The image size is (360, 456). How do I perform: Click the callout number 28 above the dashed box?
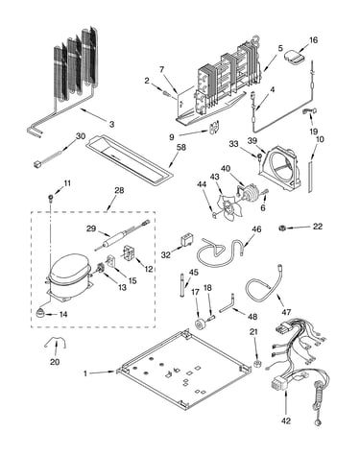[x=119, y=191]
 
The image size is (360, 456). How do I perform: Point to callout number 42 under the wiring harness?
[x=286, y=420]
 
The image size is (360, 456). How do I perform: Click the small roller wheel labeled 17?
[x=202, y=324]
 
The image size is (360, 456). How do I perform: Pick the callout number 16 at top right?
[x=314, y=40]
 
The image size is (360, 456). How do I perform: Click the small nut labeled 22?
[x=282, y=228]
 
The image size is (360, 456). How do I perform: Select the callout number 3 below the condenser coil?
[x=111, y=124]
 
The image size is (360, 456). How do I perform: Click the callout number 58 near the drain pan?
[x=181, y=148]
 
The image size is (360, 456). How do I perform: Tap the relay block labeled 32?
[x=186, y=241]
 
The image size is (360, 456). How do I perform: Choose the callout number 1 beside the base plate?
[x=85, y=373]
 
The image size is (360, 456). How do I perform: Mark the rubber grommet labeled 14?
[x=40, y=313]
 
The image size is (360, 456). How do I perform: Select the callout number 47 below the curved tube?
[x=286, y=312]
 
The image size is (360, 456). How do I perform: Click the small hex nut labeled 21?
[x=256, y=364]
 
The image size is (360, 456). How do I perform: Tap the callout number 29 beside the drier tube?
[x=91, y=228]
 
